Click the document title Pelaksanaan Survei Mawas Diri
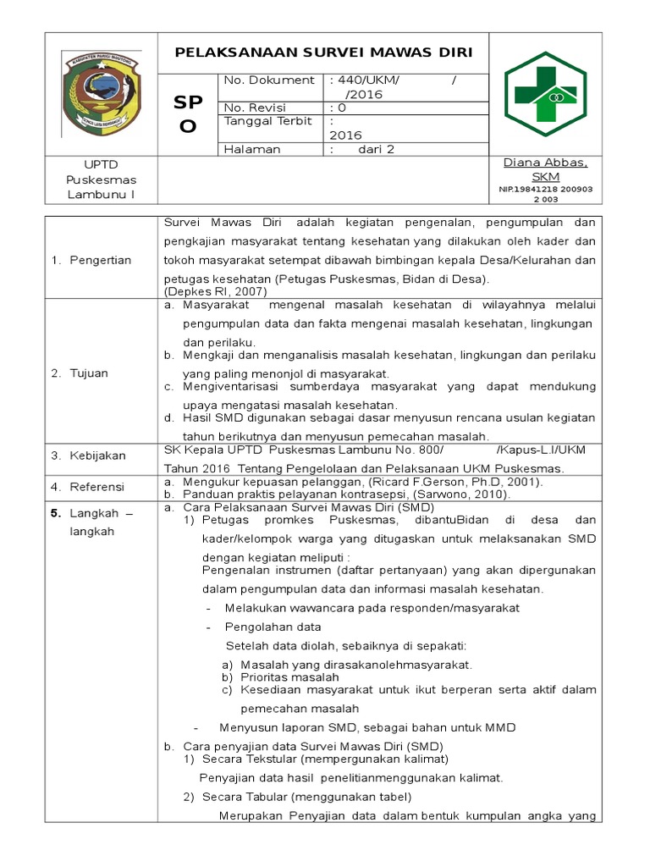point(323,52)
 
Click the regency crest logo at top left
point(102,93)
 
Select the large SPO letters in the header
point(187,114)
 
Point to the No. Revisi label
point(255,108)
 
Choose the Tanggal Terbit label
point(262,121)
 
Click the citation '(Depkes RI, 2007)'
point(215,290)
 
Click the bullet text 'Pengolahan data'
point(273,627)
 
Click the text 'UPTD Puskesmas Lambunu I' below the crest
point(102,179)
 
